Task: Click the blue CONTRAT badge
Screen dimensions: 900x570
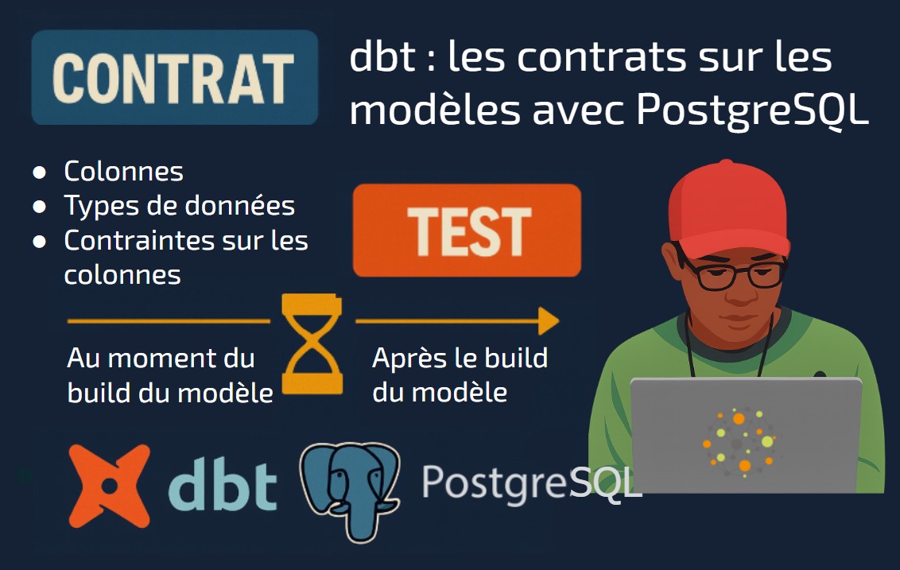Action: (x=174, y=77)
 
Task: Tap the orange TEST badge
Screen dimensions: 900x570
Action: (x=467, y=231)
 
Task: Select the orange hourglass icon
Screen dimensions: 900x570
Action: (x=312, y=344)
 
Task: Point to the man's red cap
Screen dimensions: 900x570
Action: (x=727, y=210)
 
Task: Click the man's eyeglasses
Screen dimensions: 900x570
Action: (x=731, y=272)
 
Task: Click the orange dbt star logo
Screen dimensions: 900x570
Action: (x=109, y=486)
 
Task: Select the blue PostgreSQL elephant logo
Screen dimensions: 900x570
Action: (x=350, y=491)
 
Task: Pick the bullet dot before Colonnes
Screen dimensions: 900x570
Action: (x=40, y=173)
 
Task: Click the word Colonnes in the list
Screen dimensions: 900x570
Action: (x=123, y=171)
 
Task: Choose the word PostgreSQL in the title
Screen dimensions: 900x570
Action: (x=752, y=111)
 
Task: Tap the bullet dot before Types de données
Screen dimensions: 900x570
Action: (x=40, y=207)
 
